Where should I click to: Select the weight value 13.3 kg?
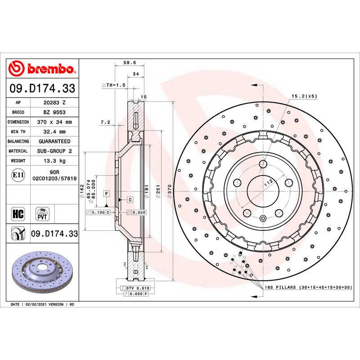[x=54, y=161]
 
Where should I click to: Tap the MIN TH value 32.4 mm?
[x=54, y=132]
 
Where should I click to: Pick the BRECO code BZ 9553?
[x=54, y=112]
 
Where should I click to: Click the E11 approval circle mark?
[x=18, y=175]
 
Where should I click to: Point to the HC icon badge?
[x=18, y=214]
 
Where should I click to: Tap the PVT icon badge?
[x=42, y=214]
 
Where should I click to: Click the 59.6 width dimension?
[x=130, y=63]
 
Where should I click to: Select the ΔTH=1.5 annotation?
[x=114, y=85]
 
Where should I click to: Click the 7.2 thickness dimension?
[x=105, y=122]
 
